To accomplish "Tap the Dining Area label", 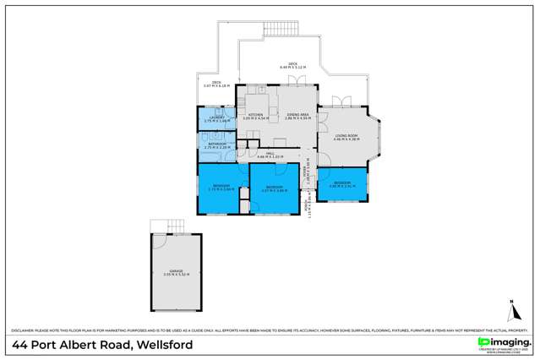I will (x=297, y=117).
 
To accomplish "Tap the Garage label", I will (x=177, y=273).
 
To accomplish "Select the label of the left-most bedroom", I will (x=221, y=187).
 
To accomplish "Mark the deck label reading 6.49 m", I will (x=292, y=64).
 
